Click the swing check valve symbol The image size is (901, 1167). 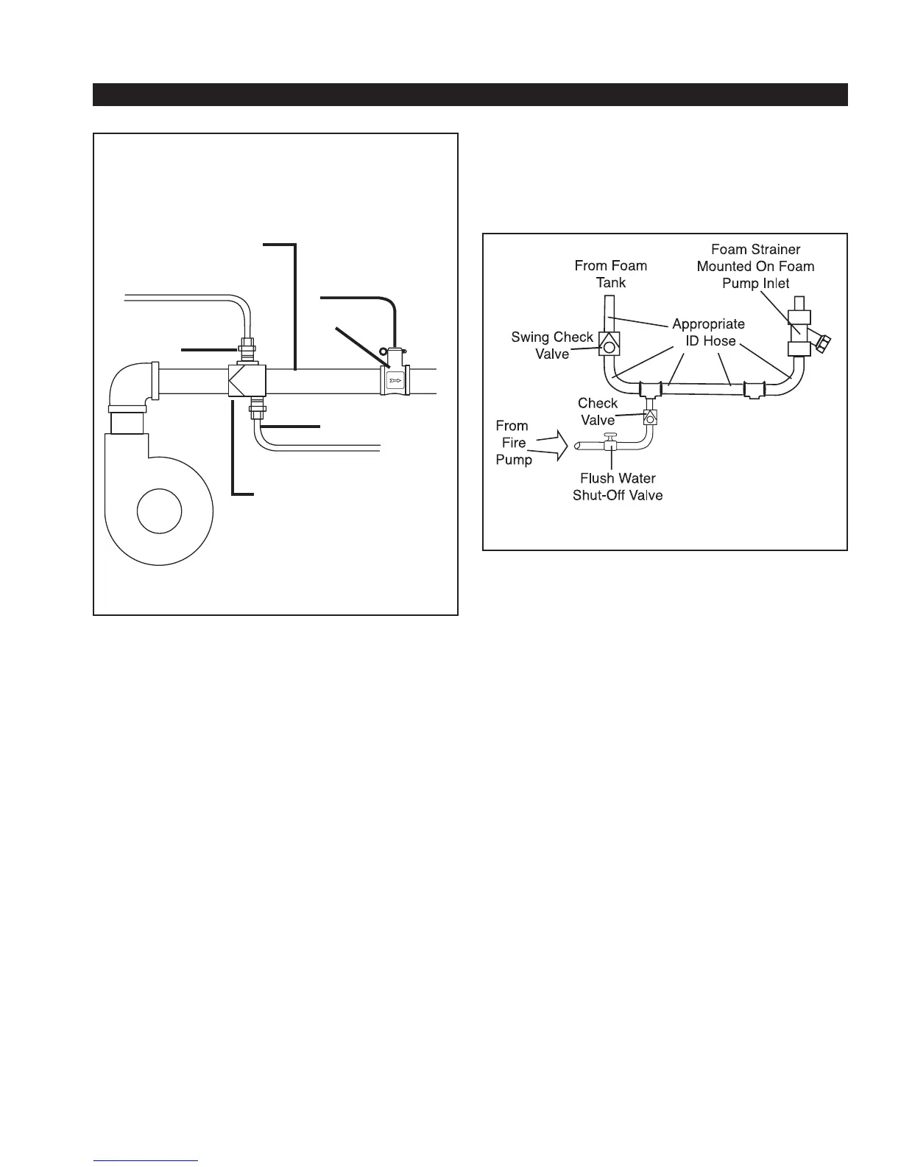point(609,343)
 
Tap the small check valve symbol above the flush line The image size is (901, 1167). point(651,417)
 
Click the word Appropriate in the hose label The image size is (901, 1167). point(708,324)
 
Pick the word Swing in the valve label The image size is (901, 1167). point(530,337)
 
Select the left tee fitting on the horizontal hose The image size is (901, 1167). point(651,390)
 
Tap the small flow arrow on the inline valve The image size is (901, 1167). point(395,382)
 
